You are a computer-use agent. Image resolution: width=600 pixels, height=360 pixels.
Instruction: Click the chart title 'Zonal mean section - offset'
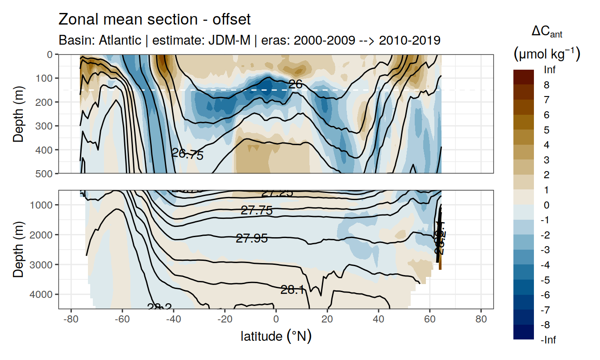[x=154, y=20]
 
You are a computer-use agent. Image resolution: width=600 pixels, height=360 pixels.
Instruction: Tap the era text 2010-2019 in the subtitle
[x=410, y=40]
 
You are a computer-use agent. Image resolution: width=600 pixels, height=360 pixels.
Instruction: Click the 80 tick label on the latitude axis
[x=481, y=319]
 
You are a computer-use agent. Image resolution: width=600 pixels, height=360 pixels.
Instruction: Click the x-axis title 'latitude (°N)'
[x=276, y=335]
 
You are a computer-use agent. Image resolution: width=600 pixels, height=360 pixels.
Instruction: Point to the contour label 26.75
[x=187, y=155]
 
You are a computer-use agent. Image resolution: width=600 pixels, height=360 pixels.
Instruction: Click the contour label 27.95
[x=252, y=239]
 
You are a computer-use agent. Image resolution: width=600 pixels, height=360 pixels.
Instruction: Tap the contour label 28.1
[x=292, y=290]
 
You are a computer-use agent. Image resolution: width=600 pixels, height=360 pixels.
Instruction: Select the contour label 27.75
[x=257, y=210]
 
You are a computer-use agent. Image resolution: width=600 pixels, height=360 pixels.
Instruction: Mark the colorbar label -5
[x=545, y=280]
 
